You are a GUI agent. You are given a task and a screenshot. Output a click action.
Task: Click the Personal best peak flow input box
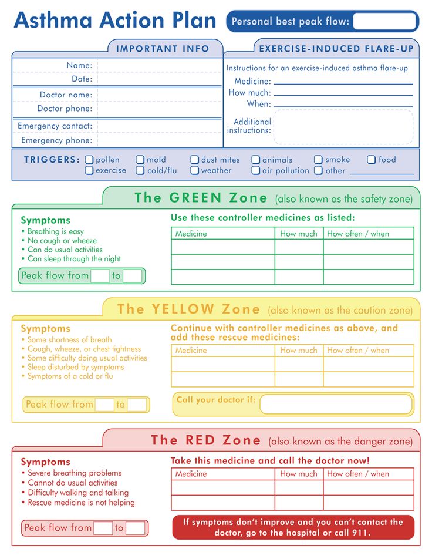[x=384, y=22]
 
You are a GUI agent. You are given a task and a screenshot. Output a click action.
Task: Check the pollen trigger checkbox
[x=89, y=160]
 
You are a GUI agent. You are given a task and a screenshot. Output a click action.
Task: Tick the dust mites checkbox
[x=194, y=160]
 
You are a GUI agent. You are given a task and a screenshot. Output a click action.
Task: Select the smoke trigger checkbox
[x=318, y=160]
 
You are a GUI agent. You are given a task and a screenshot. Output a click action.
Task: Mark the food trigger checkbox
[x=372, y=160]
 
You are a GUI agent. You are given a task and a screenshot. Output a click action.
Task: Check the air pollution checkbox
[x=255, y=171]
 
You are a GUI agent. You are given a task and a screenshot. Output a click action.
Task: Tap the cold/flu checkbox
[x=140, y=171]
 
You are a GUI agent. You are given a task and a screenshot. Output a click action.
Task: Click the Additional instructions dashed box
[x=343, y=127]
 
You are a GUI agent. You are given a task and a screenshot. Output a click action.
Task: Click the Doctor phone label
[x=65, y=109]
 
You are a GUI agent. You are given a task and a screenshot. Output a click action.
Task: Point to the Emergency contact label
[x=55, y=126]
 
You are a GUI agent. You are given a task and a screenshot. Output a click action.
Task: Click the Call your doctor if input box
[x=336, y=404]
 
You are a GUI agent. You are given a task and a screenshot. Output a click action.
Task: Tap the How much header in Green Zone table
[x=298, y=234]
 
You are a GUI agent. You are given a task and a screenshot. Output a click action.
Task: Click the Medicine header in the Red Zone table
[x=191, y=474]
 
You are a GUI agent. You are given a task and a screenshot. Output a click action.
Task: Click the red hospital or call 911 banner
[x=293, y=527]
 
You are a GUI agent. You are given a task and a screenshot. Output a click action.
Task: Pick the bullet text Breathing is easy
[x=56, y=231]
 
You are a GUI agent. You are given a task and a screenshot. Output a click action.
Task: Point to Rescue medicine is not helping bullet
[x=81, y=503]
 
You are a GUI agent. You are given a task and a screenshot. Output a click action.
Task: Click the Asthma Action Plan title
[x=115, y=20]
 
